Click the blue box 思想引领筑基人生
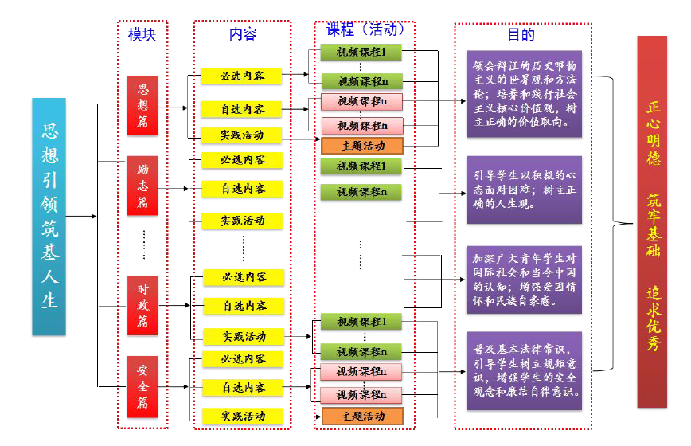(49, 216)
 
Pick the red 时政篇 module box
(143, 305)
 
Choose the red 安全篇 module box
(143, 386)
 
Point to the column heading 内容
(243, 34)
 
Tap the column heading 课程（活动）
(365, 30)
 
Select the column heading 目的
(521, 34)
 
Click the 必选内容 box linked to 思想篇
(243, 76)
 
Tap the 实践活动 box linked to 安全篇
(243, 416)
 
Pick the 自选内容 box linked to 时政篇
(244, 306)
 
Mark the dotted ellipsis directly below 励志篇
(143, 245)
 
